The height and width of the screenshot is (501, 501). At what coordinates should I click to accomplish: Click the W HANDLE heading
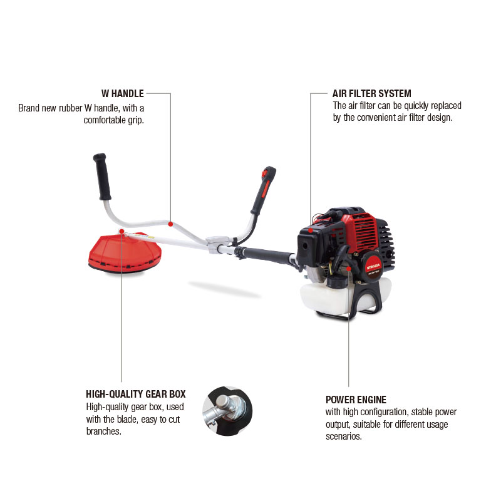click(x=123, y=93)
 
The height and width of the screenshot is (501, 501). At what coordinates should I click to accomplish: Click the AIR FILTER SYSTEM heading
click(x=371, y=93)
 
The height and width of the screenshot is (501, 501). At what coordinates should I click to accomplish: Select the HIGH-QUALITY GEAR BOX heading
click(x=136, y=394)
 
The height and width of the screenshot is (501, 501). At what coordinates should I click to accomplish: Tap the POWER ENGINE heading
click(x=356, y=400)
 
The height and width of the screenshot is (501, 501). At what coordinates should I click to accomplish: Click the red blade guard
click(x=125, y=252)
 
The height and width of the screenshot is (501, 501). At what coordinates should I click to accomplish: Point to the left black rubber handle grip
click(x=102, y=177)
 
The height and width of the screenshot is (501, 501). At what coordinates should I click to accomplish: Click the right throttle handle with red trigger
click(x=264, y=190)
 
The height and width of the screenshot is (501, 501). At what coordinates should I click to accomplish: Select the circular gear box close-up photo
click(x=227, y=411)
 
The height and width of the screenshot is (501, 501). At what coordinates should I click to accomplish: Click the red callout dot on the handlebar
click(x=170, y=224)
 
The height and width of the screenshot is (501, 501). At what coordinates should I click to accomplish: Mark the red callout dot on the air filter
click(x=310, y=230)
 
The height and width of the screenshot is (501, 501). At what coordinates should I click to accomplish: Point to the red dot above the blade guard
click(x=121, y=231)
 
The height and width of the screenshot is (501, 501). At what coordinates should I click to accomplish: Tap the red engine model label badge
click(x=373, y=266)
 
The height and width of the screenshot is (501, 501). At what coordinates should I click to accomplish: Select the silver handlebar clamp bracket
click(x=218, y=244)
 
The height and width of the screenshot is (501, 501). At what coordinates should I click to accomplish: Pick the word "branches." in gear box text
click(x=104, y=431)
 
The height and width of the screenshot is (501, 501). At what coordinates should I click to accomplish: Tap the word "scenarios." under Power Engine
click(x=343, y=436)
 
